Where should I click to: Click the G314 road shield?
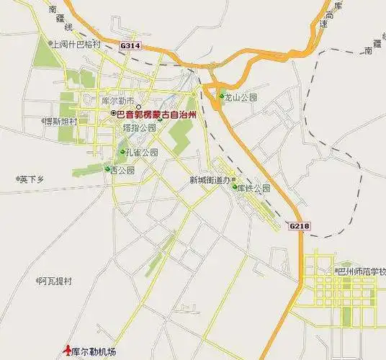130,45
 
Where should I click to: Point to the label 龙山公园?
241,96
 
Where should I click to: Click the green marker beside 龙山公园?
222,96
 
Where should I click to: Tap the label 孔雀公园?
141,153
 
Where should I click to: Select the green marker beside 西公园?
107,170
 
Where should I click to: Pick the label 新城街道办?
210,180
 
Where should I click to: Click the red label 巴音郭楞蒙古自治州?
157,114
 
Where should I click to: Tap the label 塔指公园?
139,127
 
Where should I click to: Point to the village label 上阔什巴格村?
78,44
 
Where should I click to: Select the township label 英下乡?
32,179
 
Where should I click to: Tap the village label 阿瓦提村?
55,280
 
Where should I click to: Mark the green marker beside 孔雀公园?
122,153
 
